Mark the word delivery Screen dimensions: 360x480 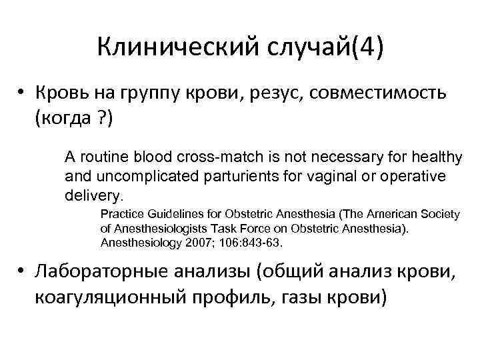click(93, 197)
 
